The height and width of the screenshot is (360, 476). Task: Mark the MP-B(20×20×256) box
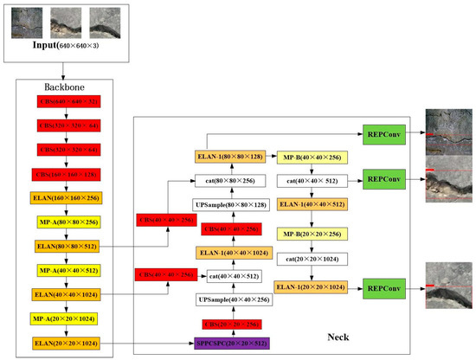pyautogui.click(x=312, y=235)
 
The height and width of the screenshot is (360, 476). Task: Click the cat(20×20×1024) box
pyautogui.click(x=312, y=259)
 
